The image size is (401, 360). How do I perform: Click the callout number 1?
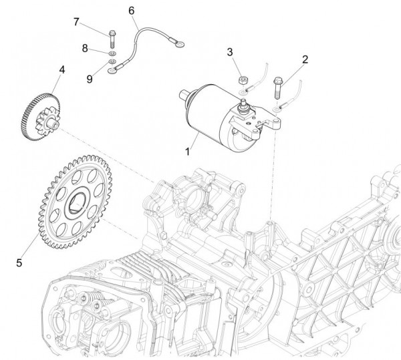click(189, 152)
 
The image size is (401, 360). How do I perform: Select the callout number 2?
click(305, 59)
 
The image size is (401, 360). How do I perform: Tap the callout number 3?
click(229, 52)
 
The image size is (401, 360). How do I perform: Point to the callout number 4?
click(61, 69)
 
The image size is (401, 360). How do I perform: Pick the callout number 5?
click(19, 262)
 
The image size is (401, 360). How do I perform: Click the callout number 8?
click(86, 47)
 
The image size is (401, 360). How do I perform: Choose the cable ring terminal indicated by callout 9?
click(112, 67)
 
